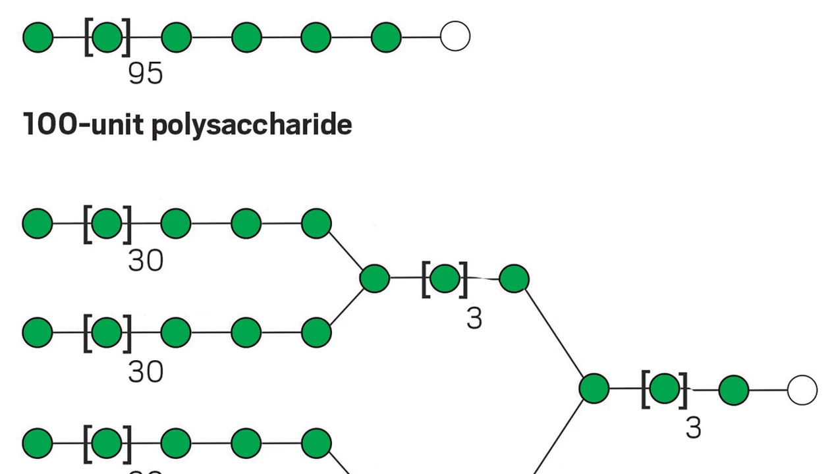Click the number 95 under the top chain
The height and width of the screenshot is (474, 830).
pos(146,74)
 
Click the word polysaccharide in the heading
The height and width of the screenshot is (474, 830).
pos(252,124)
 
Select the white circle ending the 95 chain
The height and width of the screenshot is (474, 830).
pos(455,36)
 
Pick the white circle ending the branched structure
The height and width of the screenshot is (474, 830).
pos(802,390)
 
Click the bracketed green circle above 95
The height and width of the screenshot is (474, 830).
pos(107,38)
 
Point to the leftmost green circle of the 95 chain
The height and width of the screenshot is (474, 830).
pos(38,38)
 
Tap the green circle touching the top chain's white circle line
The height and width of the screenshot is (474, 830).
pos(386,38)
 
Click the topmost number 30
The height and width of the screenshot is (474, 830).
pos(146,261)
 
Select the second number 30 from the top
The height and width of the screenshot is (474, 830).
pos(146,372)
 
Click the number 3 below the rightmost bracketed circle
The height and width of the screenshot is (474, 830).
pos(694,429)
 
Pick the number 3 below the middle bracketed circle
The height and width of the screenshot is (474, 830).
pos(474,319)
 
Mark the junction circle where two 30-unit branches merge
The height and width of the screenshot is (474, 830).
pos(375,278)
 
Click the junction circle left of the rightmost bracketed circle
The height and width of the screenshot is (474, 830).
pos(594,388)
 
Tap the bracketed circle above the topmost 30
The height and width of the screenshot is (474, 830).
pos(107,224)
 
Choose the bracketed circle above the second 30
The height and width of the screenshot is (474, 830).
pos(107,332)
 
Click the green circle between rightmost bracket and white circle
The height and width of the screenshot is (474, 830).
pos(734,390)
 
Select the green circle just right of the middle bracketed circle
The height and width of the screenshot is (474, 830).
pos(514,279)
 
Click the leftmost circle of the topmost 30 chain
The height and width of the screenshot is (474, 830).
pos(38,224)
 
